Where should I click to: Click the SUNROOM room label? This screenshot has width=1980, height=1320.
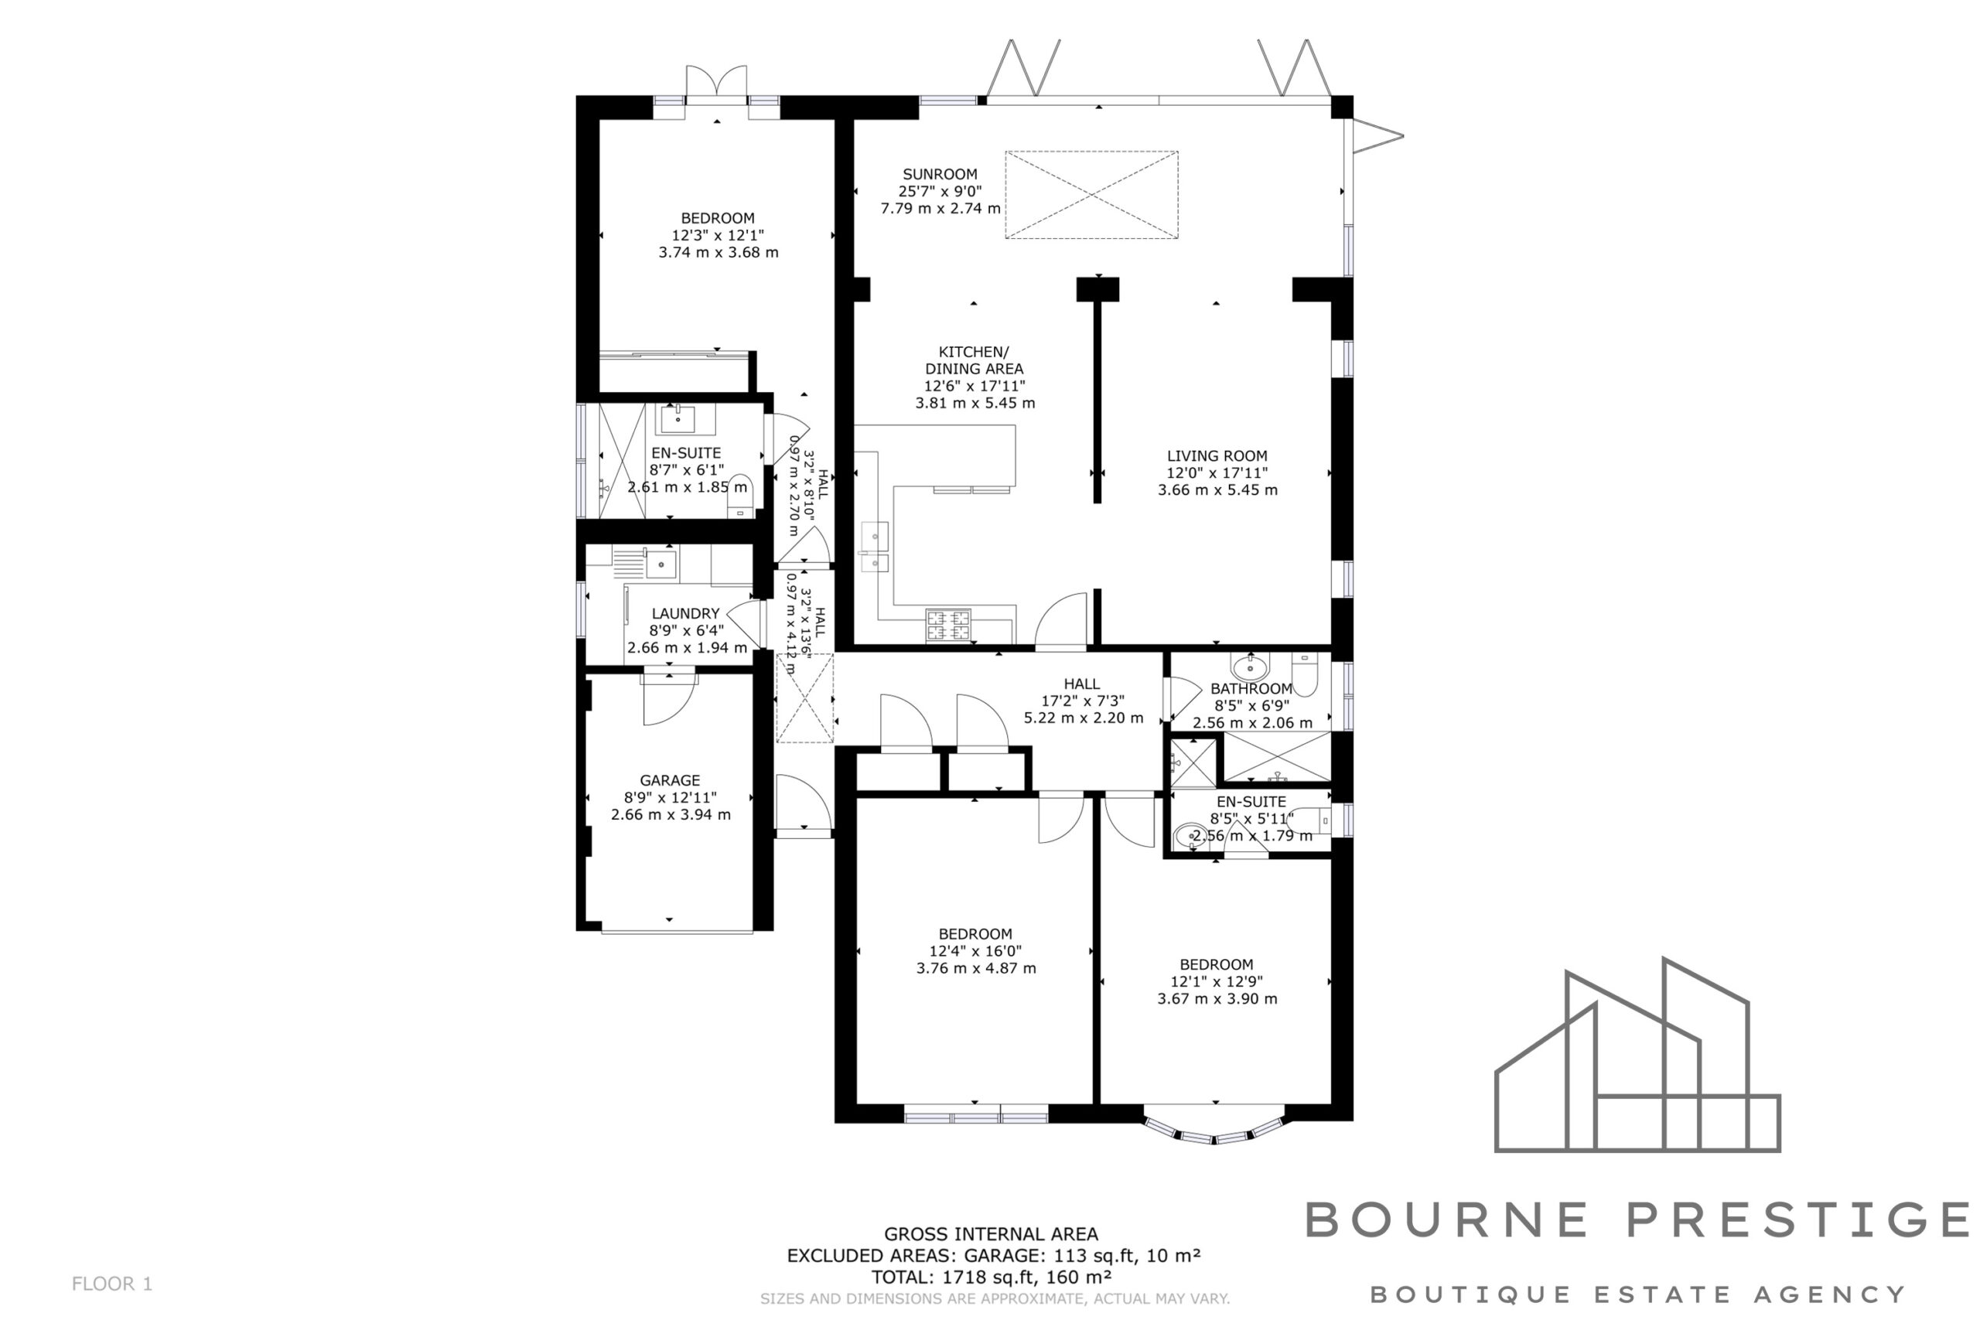tap(940, 174)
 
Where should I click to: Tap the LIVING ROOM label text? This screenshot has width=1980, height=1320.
tap(1217, 456)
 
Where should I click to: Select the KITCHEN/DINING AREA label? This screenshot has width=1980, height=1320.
tap(974, 360)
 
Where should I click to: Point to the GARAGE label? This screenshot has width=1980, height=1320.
tap(669, 780)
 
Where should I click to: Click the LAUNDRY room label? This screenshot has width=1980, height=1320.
tap(685, 614)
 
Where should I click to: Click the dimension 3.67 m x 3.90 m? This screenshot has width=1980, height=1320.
tap(1217, 999)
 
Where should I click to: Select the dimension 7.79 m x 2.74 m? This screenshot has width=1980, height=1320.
tap(940, 208)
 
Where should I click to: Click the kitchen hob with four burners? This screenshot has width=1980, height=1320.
tap(948, 626)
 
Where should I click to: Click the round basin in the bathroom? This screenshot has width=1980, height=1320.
tap(1250, 668)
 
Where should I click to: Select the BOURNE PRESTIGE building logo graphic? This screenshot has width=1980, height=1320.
tap(1637, 1056)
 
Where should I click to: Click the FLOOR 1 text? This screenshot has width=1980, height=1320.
tap(112, 1284)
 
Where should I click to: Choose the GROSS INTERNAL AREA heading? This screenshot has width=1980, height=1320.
tap(991, 1234)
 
